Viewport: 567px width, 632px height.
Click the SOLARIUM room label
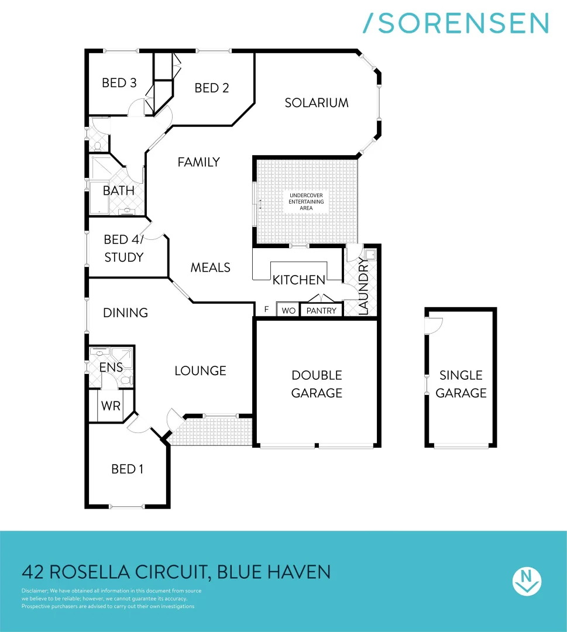point(317,103)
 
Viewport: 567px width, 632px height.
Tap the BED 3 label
point(119,83)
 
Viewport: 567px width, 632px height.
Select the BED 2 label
point(212,88)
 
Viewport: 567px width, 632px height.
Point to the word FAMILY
point(199,162)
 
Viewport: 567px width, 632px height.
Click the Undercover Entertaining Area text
point(305,201)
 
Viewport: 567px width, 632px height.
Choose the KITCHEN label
point(299,280)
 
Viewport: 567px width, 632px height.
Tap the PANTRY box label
point(322,310)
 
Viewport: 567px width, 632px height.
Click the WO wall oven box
point(288,310)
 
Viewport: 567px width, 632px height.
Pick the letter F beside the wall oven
point(266,310)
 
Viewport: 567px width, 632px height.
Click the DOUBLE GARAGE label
point(317,384)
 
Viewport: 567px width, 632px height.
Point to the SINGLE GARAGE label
point(461,384)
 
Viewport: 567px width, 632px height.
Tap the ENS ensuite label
point(111,367)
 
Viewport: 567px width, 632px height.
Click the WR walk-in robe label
point(111,406)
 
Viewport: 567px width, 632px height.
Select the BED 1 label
point(128,469)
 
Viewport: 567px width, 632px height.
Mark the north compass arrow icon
point(527,581)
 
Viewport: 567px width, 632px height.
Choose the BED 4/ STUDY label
point(123,248)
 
